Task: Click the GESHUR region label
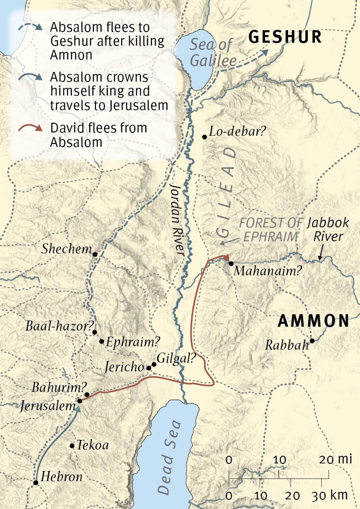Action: point(285,37)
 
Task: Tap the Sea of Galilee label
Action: point(213,54)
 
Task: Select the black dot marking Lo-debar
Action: point(205,137)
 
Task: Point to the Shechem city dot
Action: point(95,254)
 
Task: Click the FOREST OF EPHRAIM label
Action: point(271,230)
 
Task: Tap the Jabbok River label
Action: point(325,229)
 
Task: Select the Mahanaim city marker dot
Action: point(231,263)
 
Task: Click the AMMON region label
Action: point(314,321)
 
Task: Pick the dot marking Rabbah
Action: point(312,341)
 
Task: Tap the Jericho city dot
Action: point(149,368)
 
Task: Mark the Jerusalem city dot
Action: point(79,401)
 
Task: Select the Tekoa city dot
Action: point(72,446)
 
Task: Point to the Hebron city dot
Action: point(36,483)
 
